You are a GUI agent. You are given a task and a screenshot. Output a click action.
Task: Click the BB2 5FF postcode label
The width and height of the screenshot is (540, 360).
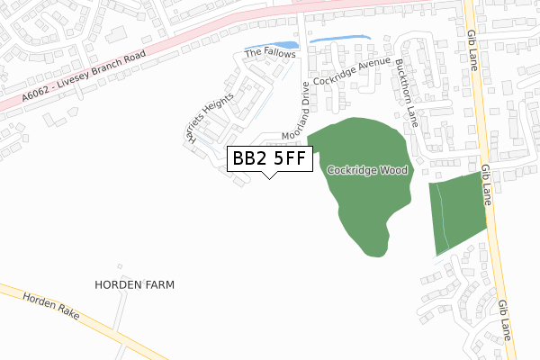coord(271,158)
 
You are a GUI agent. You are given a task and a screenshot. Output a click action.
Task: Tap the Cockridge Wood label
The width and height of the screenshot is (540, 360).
coord(367,169)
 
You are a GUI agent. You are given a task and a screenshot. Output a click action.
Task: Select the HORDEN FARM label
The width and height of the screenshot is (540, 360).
coord(134,284)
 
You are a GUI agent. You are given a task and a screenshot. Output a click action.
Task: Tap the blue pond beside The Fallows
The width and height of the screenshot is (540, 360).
coord(274,46)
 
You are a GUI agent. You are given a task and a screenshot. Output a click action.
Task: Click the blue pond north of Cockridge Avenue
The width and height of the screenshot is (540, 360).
coord(338,39)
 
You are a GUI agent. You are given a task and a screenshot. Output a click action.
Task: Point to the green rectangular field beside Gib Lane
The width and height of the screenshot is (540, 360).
coord(458,213)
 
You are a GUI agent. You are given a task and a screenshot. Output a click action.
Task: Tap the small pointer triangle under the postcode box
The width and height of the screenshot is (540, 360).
coord(269,174)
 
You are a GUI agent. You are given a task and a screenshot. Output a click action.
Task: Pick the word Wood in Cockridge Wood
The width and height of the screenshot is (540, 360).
coord(393,169)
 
